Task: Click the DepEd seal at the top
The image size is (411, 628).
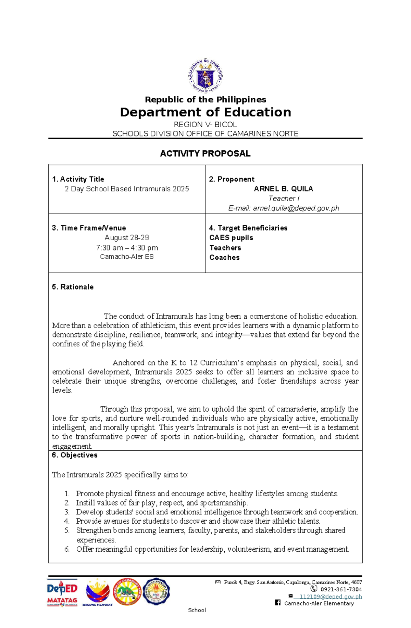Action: (x=205, y=76)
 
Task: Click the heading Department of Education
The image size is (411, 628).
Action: (x=205, y=112)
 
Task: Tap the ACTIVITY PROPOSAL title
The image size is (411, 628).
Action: (x=205, y=154)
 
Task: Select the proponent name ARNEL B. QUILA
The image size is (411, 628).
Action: (x=283, y=189)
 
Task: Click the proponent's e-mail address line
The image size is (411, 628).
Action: (x=284, y=208)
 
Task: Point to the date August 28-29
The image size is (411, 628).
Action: (x=127, y=238)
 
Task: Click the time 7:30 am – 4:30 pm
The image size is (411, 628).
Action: (x=127, y=247)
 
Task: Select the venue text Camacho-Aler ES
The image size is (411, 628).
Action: (x=127, y=257)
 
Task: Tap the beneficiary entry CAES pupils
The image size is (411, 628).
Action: (x=231, y=238)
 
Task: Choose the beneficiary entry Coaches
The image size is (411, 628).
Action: (x=224, y=257)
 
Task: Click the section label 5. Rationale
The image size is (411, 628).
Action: (x=73, y=287)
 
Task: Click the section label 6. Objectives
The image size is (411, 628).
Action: (x=75, y=455)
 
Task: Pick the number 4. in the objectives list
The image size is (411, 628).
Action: (x=67, y=521)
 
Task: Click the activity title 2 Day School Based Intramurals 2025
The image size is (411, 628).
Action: (x=127, y=189)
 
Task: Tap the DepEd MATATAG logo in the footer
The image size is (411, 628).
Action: (x=62, y=592)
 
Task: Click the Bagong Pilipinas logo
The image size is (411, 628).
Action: (x=98, y=592)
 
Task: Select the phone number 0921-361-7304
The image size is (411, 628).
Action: (x=341, y=589)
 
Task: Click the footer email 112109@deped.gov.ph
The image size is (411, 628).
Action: (x=330, y=597)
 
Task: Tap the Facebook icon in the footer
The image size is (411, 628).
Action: (x=278, y=603)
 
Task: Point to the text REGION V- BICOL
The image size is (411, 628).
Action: (x=205, y=125)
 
